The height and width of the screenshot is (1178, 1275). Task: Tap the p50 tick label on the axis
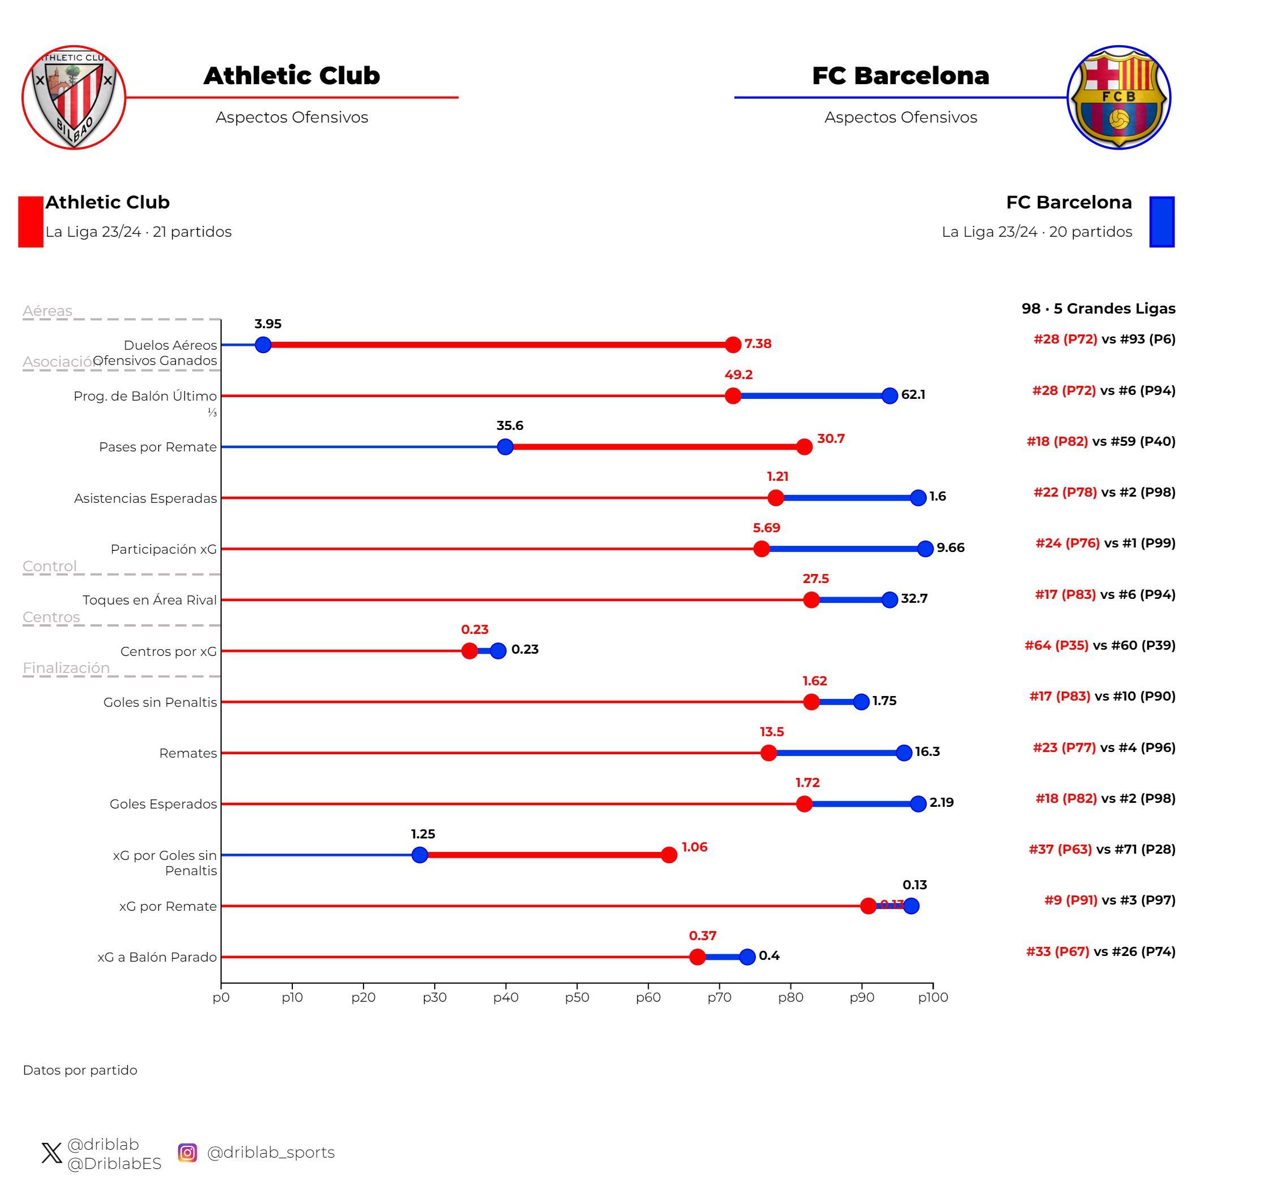[577, 998]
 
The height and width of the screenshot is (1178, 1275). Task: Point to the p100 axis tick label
[932, 998]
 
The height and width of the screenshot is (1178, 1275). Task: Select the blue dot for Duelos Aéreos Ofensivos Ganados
[263, 345]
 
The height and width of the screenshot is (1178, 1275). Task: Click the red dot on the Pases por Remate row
[804, 447]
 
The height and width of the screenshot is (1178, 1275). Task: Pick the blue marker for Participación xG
[925, 549]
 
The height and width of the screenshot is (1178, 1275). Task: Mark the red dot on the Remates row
[768, 753]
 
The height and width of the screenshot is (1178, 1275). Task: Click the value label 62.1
[913, 394]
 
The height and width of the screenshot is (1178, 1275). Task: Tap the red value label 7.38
[758, 344]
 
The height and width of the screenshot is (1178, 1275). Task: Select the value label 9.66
[950, 547]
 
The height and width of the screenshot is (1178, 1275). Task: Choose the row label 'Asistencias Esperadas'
[145, 498]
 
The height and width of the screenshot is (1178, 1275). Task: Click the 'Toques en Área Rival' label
[149, 600]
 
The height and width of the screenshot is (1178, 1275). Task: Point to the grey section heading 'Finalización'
[66, 667]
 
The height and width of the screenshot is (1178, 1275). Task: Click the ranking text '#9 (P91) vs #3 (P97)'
[1109, 900]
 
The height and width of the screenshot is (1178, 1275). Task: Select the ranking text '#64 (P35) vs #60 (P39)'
[1100, 645]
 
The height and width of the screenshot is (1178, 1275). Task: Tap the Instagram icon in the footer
[187, 1153]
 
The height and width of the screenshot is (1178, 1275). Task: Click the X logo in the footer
[51, 1153]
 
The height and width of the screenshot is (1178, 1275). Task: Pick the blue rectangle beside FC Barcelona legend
[1161, 221]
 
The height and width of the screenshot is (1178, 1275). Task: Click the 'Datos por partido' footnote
[80, 1070]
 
